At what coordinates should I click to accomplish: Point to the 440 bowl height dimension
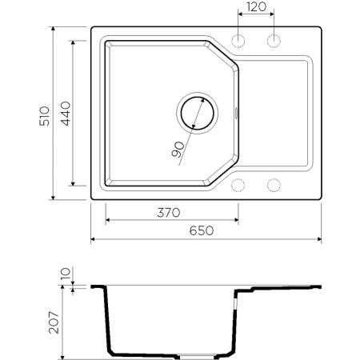click(66, 112)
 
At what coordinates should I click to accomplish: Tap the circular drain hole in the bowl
click(195, 111)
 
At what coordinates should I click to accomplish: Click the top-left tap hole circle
click(238, 40)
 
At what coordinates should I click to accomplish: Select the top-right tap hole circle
click(274, 40)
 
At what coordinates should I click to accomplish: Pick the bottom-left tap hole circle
click(238, 185)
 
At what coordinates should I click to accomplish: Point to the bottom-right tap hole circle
click(274, 185)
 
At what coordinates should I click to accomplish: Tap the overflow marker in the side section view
click(235, 304)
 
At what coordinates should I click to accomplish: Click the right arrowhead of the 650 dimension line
click(319, 239)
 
